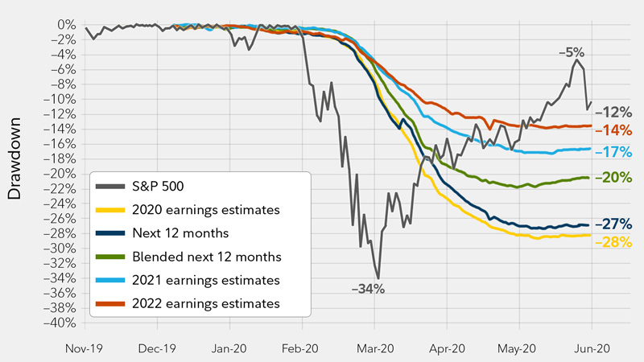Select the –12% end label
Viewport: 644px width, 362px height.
point(618,112)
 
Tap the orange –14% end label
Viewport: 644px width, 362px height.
point(618,130)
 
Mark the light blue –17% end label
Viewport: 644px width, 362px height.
point(618,153)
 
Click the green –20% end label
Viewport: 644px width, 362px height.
point(618,178)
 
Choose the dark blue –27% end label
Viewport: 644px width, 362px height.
point(618,225)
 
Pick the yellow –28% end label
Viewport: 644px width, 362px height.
point(618,242)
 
